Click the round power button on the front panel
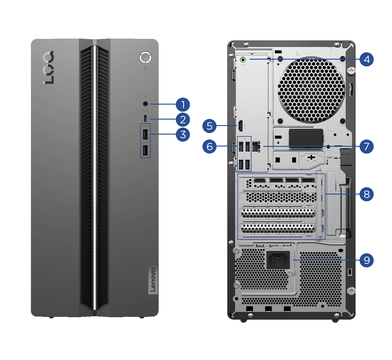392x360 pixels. click(x=145, y=57)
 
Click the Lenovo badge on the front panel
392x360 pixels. click(x=153, y=280)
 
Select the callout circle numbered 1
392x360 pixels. click(x=183, y=105)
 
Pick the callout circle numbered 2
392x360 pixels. click(x=183, y=120)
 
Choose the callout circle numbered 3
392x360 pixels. click(x=183, y=134)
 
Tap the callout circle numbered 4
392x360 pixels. click(x=367, y=59)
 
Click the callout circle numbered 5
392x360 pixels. click(x=209, y=126)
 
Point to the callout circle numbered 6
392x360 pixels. click(x=209, y=147)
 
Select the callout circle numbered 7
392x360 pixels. click(x=367, y=147)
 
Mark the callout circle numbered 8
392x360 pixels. click(x=367, y=194)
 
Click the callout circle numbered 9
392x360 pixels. click(x=367, y=260)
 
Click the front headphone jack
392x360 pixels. click(x=145, y=104)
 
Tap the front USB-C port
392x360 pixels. click(x=145, y=118)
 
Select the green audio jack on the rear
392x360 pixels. click(x=243, y=59)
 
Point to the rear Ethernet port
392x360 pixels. click(x=256, y=147)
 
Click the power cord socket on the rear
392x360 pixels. click(x=278, y=260)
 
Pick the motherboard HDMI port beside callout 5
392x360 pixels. click(x=240, y=126)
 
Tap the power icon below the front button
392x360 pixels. click(x=145, y=69)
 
